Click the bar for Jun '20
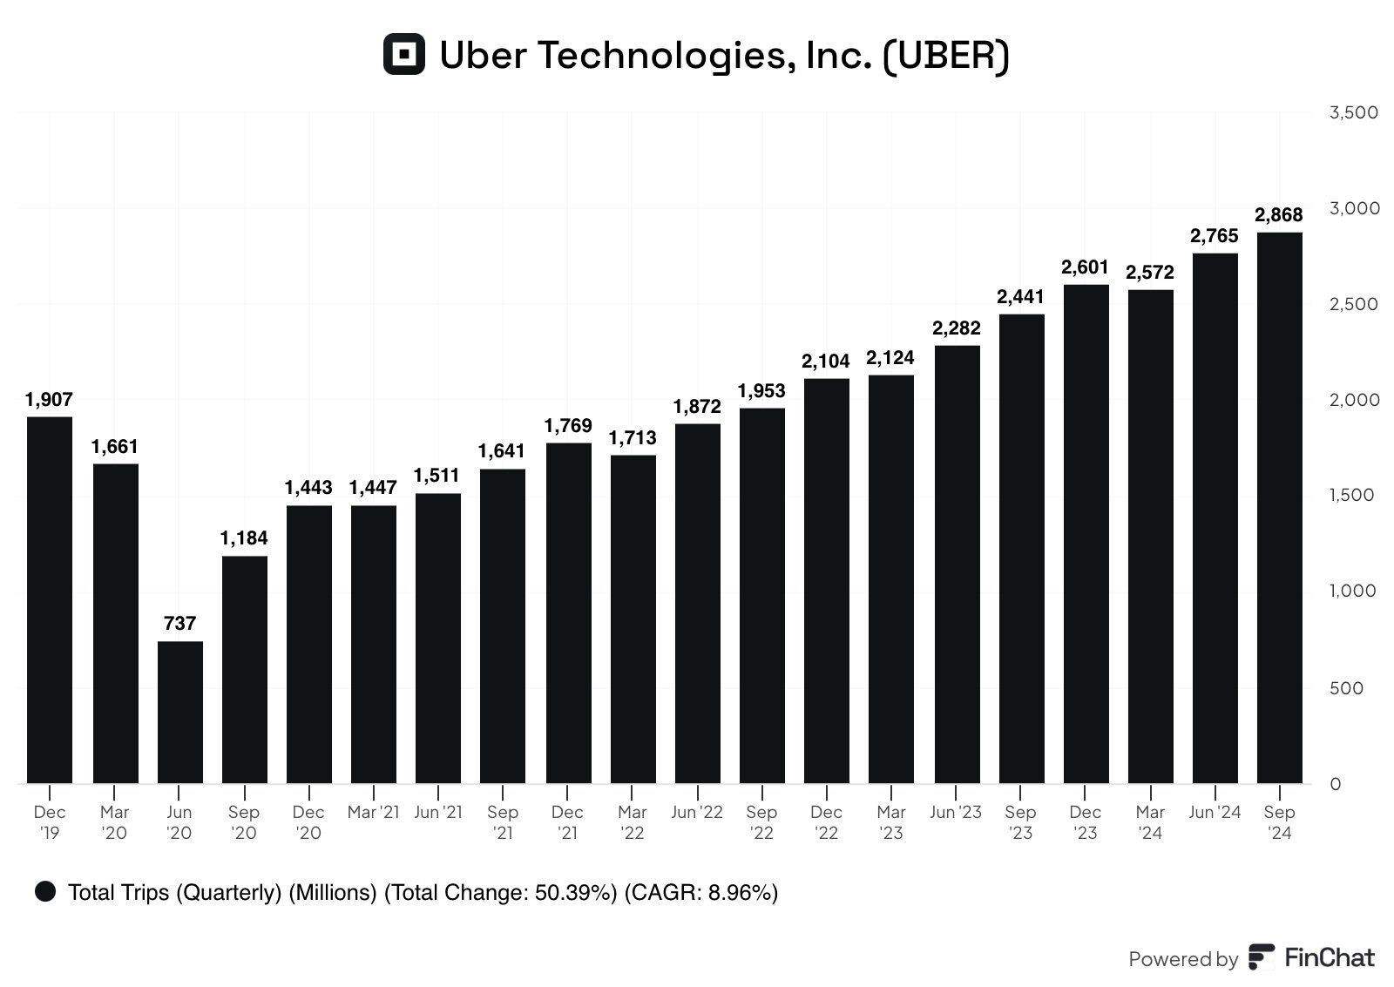(x=180, y=712)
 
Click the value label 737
(x=180, y=624)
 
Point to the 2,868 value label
(x=1278, y=215)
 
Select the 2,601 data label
(x=1085, y=267)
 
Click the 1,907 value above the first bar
(x=50, y=400)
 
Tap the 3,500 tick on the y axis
(x=1353, y=112)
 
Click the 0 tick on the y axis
(x=1336, y=784)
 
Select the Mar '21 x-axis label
(x=373, y=812)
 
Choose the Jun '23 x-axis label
(x=955, y=812)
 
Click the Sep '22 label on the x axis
(x=761, y=822)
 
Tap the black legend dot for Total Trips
(x=45, y=891)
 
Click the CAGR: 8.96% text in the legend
(x=700, y=892)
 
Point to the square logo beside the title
(x=404, y=54)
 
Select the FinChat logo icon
(x=1261, y=957)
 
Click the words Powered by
(x=1182, y=959)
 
